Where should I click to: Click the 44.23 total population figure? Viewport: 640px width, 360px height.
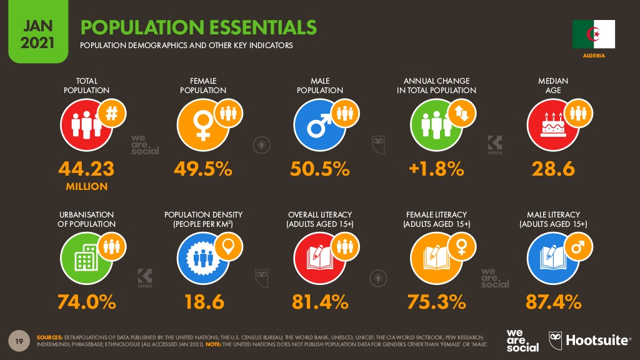pyautogui.click(x=86, y=169)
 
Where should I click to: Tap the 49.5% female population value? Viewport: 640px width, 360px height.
pyautogui.click(x=203, y=169)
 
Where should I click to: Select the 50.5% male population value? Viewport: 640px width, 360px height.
pyautogui.click(x=319, y=169)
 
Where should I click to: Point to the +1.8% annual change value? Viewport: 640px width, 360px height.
pyautogui.click(x=436, y=169)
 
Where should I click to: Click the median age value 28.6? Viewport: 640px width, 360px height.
pyautogui.click(x=552, y=169)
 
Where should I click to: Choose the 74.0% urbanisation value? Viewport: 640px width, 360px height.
pyautogui.click(x=86, y=302)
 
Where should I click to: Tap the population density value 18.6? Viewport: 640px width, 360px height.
pyautogui.click(x=203, y=302)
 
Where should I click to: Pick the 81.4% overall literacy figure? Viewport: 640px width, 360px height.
pyautogui.click(x=319, y=302)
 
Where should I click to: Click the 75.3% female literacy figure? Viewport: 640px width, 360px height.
pyautogui.click(x=436, y=302)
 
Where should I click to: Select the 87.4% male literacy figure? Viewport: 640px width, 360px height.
pyautogui.click(x=552, y=302)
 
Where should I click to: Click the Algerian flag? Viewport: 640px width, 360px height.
pyautogui.click(x=594, y=34)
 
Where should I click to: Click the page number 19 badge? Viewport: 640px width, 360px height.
pyautogui.click(x=19, y=340)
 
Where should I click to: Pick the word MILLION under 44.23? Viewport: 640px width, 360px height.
pyautogui.click(x=86, y=186)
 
